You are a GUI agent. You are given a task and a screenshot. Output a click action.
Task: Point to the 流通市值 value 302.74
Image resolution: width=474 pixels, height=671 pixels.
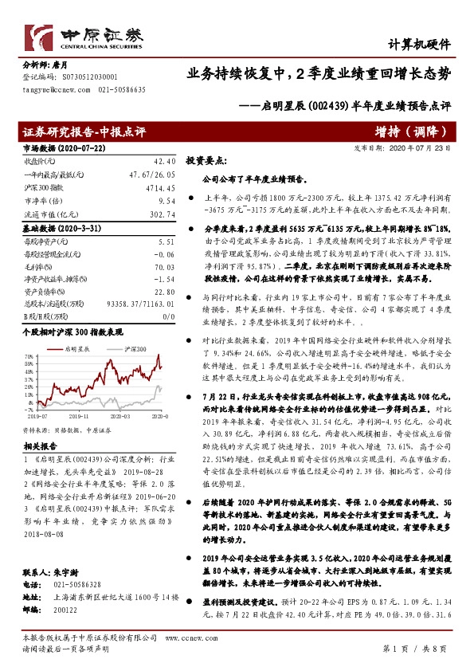pos(162,214)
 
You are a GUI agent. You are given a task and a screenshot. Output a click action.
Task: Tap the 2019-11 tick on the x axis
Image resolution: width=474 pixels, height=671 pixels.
pos(81,416)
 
